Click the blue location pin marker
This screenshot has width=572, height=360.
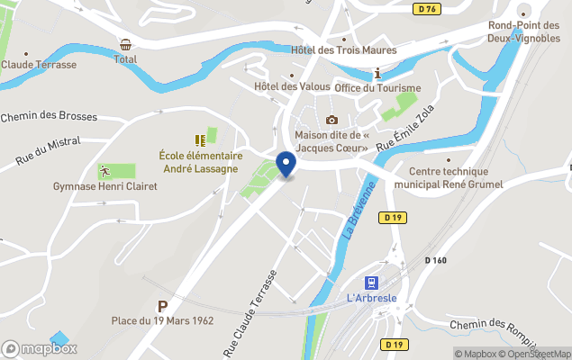(286, 165)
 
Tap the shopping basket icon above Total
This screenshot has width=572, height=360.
(125, 45)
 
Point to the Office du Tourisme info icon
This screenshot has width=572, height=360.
(377, 73)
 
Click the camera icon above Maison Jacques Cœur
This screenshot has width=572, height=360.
(331, 120)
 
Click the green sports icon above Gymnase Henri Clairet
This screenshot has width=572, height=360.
(105, 170)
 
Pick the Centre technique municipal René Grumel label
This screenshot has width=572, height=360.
(448, 177)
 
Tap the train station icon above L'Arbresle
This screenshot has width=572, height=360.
(370, 283)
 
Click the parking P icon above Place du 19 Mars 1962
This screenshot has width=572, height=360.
(163, 306)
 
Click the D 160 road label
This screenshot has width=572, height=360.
(435, 261)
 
